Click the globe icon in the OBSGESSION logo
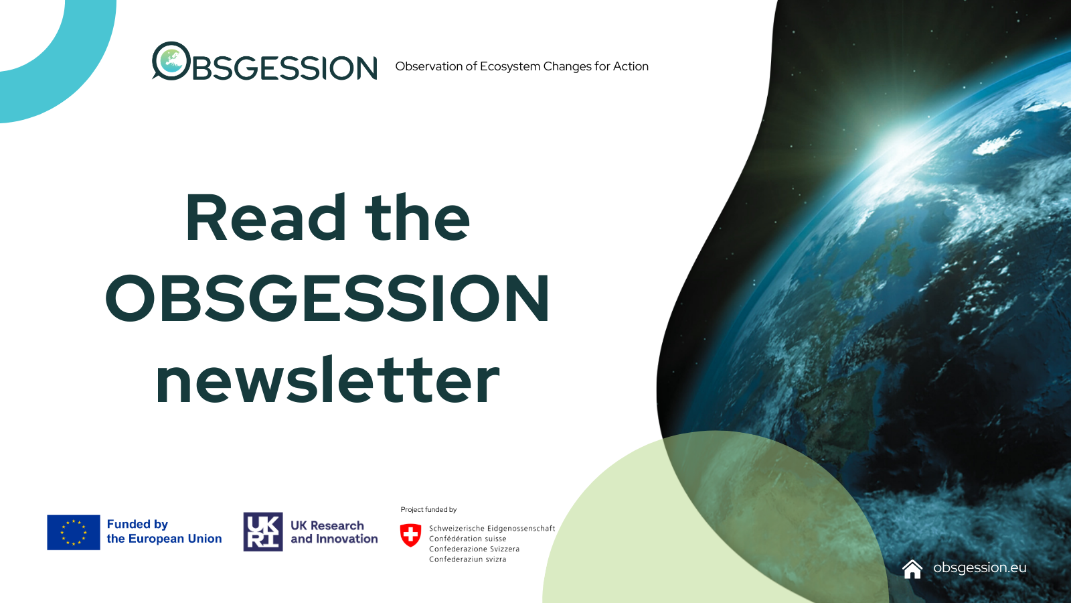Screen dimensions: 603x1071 (171, 61)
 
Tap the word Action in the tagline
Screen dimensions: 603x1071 (631, 66)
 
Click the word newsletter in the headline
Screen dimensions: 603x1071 (327, 381)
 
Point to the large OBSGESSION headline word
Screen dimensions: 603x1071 (327, 299)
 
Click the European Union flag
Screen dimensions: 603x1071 (74, 532)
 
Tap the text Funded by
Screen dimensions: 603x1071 (137, 524)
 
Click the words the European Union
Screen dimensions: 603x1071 (164, 539)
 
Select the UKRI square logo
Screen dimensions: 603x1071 (263, 532)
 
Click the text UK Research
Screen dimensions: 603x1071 (327, 525)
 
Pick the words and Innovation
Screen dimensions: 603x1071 (334, 539)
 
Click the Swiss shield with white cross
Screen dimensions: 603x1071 (410, 535)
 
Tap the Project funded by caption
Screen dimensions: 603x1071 (428, 510)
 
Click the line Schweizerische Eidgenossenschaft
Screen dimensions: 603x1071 (492, 529)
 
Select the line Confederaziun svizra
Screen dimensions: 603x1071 (468, 559)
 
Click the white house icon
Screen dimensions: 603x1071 (912, 569)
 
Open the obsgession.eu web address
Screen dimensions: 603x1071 (979, 567)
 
